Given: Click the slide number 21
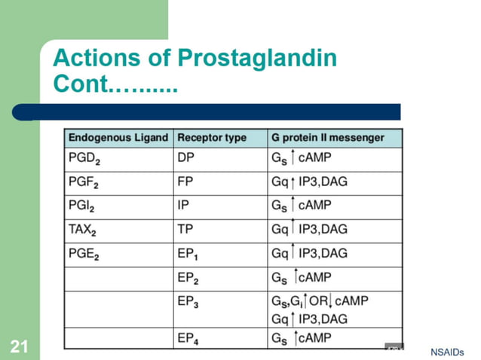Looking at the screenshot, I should click(x=19, y=347).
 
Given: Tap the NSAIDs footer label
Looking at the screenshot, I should click(x=447, y=352).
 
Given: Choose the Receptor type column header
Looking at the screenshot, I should click(x=212, y=138).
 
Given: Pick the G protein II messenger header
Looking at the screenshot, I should click(x=326, y=138).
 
